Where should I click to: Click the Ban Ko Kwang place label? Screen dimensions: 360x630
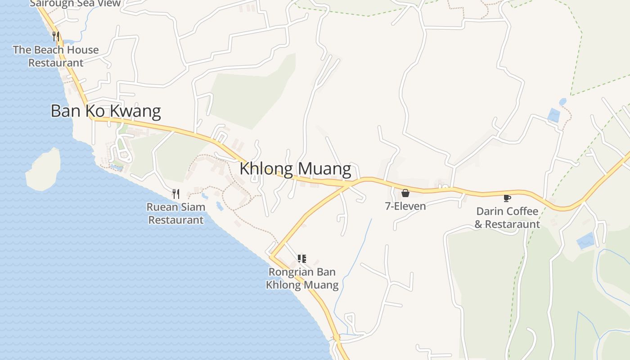click(x=105, y=111)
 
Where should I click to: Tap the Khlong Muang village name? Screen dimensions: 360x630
click(x=295, y=169)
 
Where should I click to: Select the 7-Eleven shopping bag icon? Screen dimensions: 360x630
click(x=405, y=193)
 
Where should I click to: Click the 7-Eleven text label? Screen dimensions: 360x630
click(x=405, y=206)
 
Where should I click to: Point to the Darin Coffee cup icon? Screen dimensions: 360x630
click(x=507, y=198)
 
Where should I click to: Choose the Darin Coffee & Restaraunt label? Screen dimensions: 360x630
click(x=507, y=218)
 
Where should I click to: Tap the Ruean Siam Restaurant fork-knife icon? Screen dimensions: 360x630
click(x=176, y=194)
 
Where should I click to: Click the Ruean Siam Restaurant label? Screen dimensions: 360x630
click(x=176, y=213)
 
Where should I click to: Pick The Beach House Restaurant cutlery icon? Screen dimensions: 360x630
click(x=56, y=36)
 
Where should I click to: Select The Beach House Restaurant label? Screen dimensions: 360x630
click(x=56, y=56)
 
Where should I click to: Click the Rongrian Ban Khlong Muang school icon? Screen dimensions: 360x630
click(x=302, y=258)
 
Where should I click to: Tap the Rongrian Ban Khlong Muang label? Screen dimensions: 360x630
click(x=302, y=279)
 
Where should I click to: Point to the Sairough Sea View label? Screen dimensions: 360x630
click(x=75, y=4)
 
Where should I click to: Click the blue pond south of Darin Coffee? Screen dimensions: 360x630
click(x=585, y=241)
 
